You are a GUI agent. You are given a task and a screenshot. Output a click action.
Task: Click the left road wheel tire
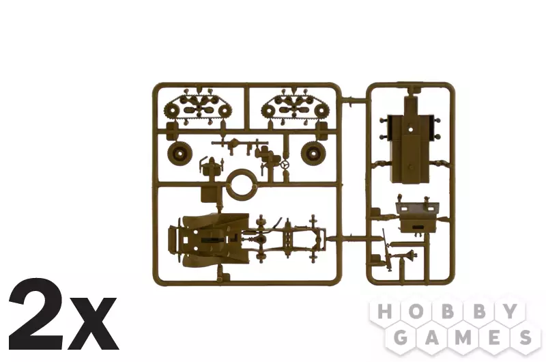coord(179,153)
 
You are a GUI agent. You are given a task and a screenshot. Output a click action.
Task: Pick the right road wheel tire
coord(313,152)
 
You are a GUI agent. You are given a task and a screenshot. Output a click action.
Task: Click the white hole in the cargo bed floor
coord(411,129)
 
